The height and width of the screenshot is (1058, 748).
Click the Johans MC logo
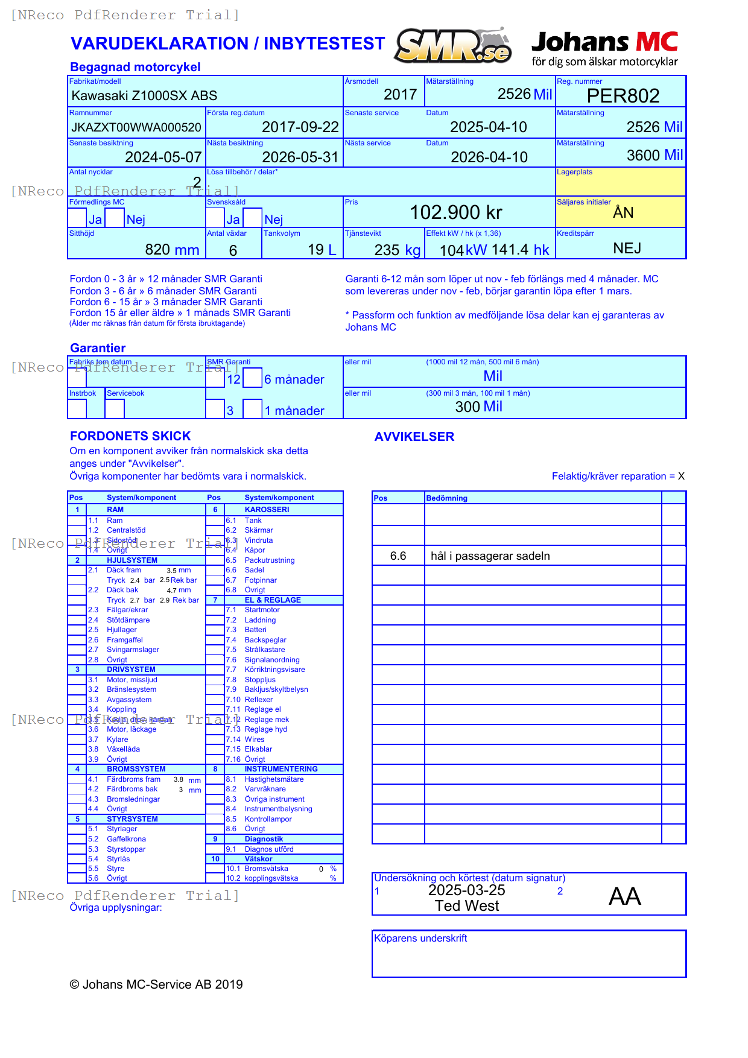(604, 48)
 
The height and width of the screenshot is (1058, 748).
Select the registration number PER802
(623, 96)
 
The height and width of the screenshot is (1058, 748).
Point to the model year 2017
(400, 95)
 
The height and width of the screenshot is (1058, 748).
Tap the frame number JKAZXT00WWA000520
(136, 127)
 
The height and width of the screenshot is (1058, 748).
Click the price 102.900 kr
(456, 212)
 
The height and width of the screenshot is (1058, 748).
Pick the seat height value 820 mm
(172, 250)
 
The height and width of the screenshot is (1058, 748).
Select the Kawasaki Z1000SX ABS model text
(144, 95)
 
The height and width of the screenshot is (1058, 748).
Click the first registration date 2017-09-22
(300, 127)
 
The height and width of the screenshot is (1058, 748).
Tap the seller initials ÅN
(623, 212)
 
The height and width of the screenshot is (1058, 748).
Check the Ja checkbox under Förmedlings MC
(77, 218)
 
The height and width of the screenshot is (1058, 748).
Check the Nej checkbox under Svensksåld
(253, 218)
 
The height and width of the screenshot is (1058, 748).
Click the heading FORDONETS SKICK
(130, 436)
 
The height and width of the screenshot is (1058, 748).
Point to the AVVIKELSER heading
(414, 437)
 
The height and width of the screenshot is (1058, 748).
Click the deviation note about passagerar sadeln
(490, 556)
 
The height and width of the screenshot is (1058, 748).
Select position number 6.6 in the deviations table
(398, 556)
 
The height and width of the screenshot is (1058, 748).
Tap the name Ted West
(467, 906)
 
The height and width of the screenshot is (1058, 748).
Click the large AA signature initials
(624, 896)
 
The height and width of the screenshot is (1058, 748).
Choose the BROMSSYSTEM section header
(136, 769)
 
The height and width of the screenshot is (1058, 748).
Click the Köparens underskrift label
(420, 939)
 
